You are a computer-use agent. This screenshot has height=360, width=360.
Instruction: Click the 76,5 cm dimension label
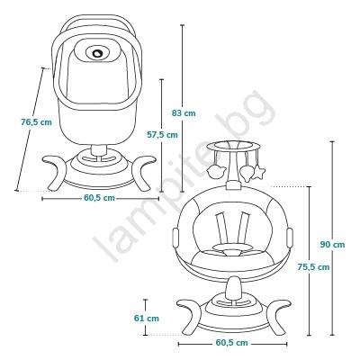(x=36, y=122)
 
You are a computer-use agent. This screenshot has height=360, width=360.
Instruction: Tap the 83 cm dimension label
(x=184, y=113)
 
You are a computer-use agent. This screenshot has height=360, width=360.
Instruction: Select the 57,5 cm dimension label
(x=162, y=135)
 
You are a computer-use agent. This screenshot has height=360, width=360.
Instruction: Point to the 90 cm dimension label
(x=332, y=245)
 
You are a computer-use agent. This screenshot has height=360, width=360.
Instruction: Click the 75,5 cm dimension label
(x=313, y=266)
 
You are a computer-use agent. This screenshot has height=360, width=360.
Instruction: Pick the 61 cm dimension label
(x=147, y=318)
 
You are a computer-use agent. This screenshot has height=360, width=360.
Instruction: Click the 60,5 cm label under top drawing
(x=99, y=198)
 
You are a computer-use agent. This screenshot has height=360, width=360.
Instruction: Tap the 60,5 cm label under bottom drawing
(x=232, y=343)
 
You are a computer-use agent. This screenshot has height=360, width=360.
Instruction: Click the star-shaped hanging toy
(x=258, y=173)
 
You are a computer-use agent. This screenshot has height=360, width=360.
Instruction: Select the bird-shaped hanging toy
(x=215, y=172)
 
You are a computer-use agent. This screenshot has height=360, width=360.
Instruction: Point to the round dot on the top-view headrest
(x=98, y=53)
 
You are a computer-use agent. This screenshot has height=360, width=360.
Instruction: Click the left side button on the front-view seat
(x=175, y=238)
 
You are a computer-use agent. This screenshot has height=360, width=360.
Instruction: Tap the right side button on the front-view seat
(x=290, y=238)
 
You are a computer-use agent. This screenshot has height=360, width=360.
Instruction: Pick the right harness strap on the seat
(x=244, y=227)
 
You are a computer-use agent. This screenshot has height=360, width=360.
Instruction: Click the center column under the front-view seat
(x=234, y=289)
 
